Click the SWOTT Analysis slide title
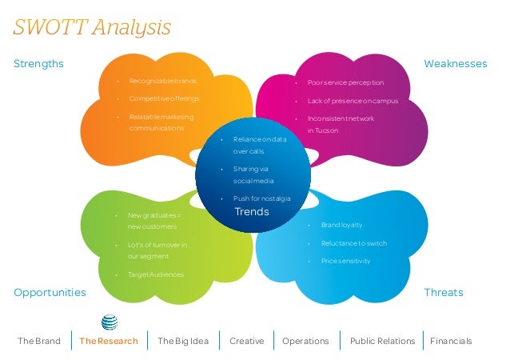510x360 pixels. [x=93, y=27]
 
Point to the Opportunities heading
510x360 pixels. [x=50, y=293]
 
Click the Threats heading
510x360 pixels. [x=443, y=293]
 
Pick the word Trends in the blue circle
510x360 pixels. [x=251, y=212]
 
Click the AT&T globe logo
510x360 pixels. [x=110, y=322]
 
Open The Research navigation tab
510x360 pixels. [x=109, y=341]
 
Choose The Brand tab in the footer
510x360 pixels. [x=39, y=341]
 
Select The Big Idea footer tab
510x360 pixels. [x=183, y=341]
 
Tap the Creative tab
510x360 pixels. [x=246, y=341]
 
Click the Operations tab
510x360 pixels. [x=305, y=341]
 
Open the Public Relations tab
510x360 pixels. [x=383, y=341]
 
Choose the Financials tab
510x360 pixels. [x=451, y=341]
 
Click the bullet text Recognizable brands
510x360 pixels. [x=162, y=82]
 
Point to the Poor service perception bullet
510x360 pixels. [x=345, y=82]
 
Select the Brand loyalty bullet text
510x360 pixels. [x=341, y=226]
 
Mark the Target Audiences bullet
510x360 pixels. [x=156, y=274]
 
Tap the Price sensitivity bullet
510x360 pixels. [x=345, y=261]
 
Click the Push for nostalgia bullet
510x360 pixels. [x=261, y=198]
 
